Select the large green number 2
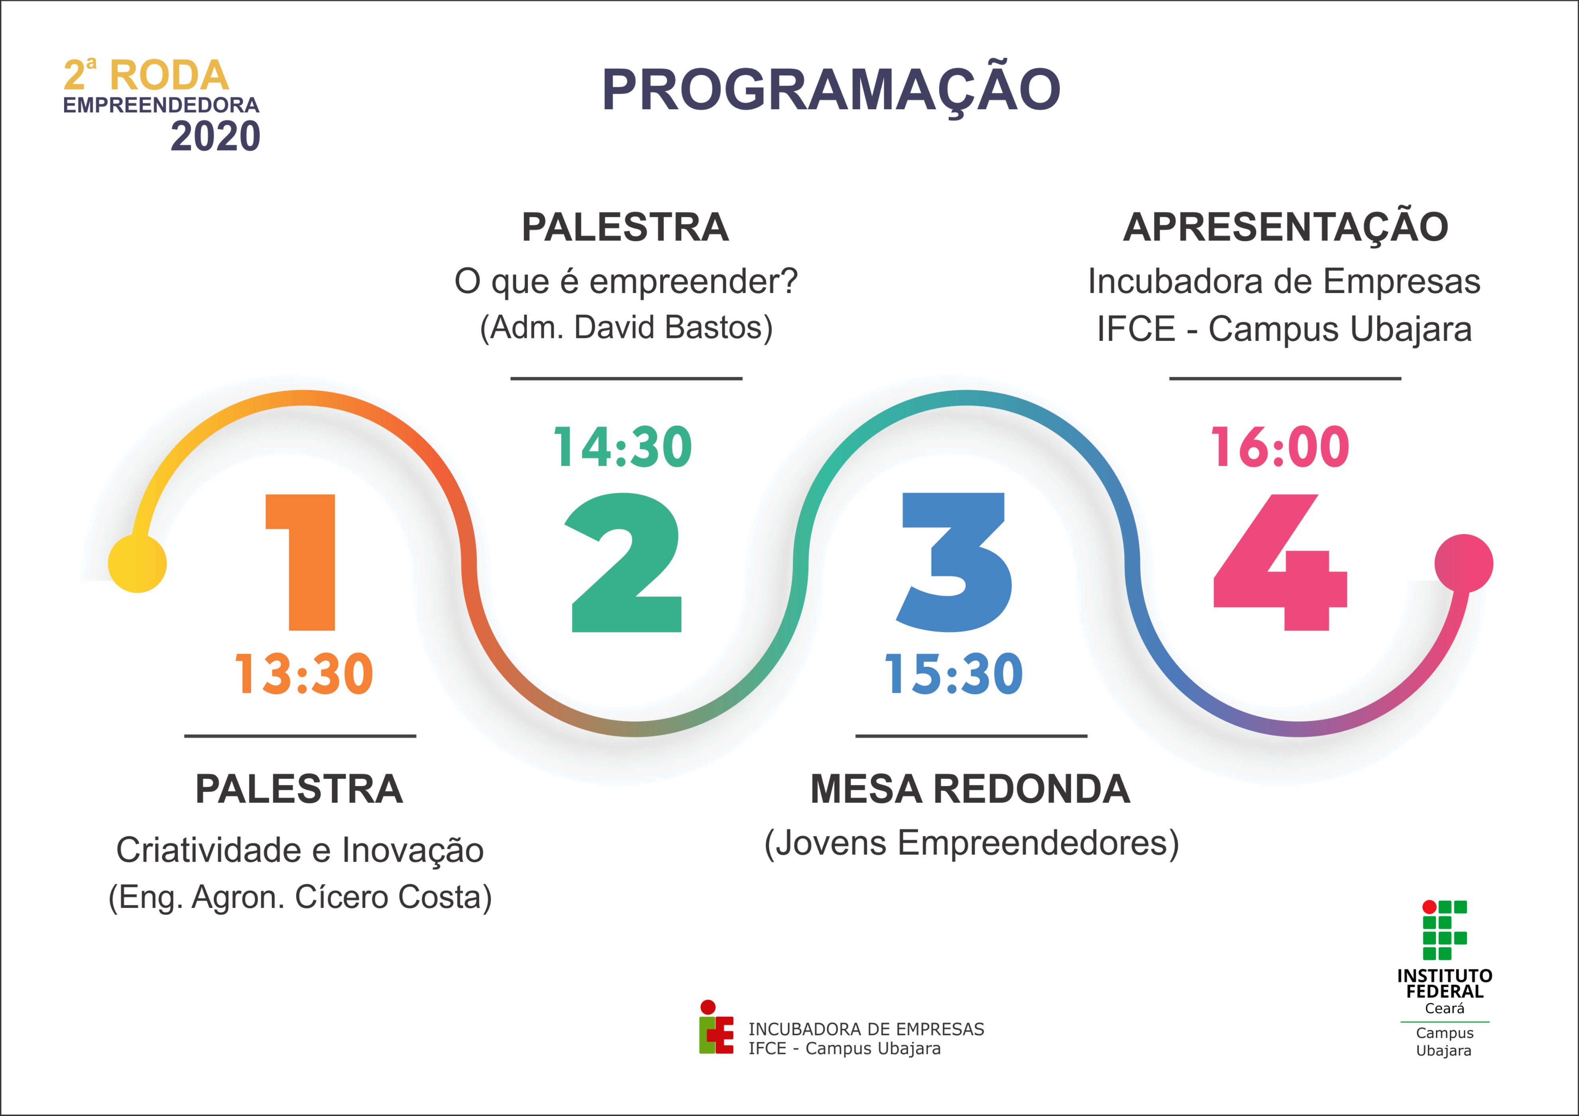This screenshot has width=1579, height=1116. click(x=626, y=562)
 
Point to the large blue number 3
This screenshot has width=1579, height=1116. click(x=955, y=562)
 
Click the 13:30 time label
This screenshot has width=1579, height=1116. click(x=305, y=674)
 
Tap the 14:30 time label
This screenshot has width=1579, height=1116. click(x=623, y=447)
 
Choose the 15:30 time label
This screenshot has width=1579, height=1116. click(x=954, y=674)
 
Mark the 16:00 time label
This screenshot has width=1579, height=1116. click(x=1280, y=447)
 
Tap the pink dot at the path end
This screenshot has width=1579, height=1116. click(x=1463, y=563)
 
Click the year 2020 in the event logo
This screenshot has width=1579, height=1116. click(x=215, y=136)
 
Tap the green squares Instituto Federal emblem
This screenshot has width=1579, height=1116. click(x=1445, y=929)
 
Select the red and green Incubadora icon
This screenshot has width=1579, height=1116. click(x=716, y=1027)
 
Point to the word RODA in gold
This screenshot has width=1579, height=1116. click(x=169, y=75)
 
